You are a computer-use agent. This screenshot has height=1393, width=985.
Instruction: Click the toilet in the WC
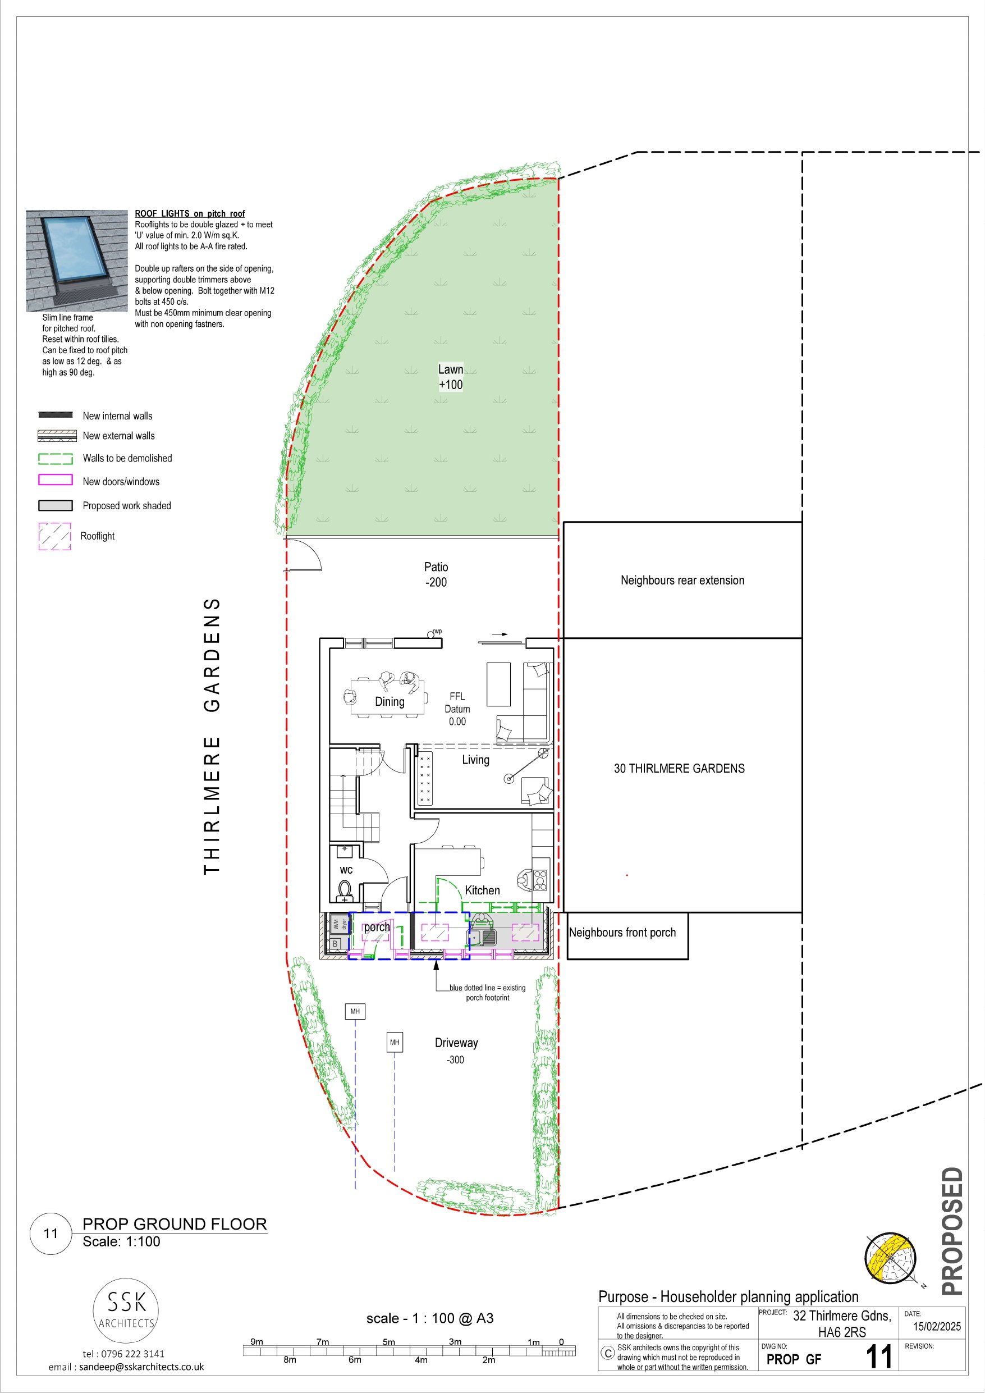tap(345, 891)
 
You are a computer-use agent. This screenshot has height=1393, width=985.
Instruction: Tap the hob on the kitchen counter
tap(540, 880)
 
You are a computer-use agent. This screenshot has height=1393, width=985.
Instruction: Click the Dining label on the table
tap(390, 701)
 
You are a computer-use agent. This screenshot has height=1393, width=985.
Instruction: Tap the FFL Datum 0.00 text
tap(457, 709)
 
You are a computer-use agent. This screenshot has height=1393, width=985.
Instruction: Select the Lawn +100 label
tap(451, 377)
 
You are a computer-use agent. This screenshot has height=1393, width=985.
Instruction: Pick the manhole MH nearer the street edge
tap(355, 1011)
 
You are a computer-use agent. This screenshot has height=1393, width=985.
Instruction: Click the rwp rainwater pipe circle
tap(430, 634)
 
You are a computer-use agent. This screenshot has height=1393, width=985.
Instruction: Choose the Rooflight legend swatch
tap(54, 536)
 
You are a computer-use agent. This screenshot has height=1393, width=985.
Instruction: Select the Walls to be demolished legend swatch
tap(55, 459)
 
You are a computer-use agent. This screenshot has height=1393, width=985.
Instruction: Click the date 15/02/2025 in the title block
tap(937, 1326)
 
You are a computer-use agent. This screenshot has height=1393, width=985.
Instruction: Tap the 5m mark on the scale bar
tap(389, 1341)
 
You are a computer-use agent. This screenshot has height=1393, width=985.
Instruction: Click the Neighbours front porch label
tap(622, 933)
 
